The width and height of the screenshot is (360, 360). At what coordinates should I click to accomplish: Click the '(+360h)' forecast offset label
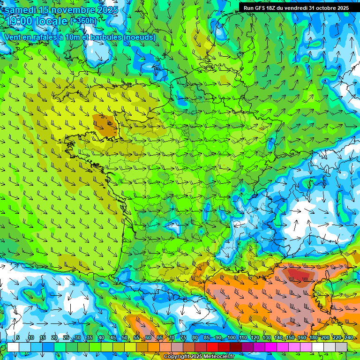[x=83, y=21]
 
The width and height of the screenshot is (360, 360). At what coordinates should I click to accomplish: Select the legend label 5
[x=18, y=337]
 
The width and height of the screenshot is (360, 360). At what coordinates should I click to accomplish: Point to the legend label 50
[x=124, y=337]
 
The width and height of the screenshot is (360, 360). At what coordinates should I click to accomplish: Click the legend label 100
[x=232, y=337]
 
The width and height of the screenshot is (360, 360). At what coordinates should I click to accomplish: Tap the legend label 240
[x=349, y=337]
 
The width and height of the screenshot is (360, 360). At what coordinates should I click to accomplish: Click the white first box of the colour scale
[x=13, y=347]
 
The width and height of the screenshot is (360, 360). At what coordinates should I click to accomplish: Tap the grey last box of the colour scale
[x=341, y=347]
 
